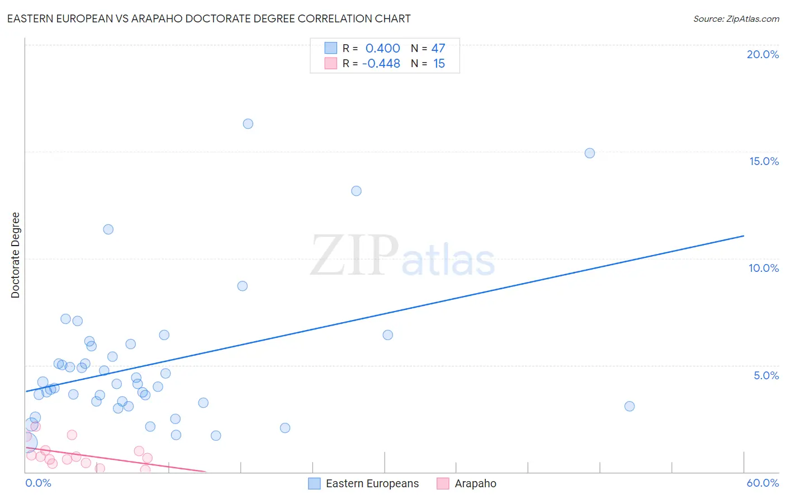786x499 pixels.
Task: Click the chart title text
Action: [x=209, y=18]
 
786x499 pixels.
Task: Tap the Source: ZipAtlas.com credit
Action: [x=736, y=18]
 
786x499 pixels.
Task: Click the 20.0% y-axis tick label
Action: [x=763, y=54]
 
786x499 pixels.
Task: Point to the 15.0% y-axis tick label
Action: [x=764, y=161]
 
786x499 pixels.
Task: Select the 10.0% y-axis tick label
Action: [x=764, y=268]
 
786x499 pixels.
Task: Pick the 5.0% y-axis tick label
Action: [x=766, y=375]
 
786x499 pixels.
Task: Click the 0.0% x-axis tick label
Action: [x=38, y=483]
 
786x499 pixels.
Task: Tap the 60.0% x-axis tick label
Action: [x=763, y=483]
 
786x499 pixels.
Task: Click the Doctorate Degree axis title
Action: [x=15, y=255]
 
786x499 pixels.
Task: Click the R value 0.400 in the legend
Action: [x=382, y=48]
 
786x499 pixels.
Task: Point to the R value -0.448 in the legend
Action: [x=381, y=63]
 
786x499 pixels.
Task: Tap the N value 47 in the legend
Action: [x=438, y=48]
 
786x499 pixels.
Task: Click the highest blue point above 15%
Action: [x=248, y=124]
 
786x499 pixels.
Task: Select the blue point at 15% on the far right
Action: [x=589, y=153]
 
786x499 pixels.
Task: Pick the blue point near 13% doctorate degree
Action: [x=356, y=191]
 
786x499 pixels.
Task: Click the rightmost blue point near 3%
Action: [x=629, y=406]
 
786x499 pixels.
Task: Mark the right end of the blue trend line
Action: [x=744, y=236]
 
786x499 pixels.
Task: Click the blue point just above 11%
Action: [x=108, y=229]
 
